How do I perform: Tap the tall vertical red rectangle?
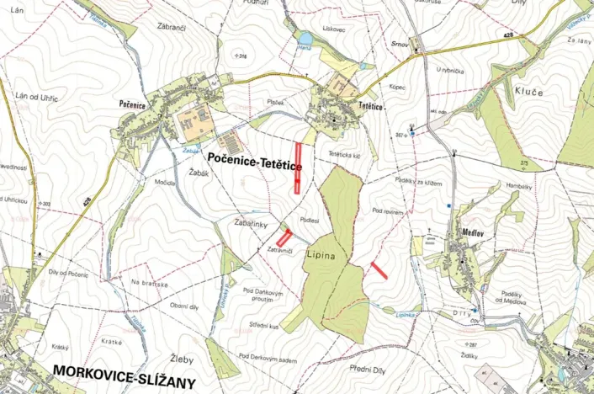click(298, 168)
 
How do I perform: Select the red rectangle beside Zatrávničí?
click(284, 237)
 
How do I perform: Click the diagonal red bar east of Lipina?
click(379, 269)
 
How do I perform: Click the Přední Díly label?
click(371, 368)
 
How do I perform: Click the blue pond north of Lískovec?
click(304, 38)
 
